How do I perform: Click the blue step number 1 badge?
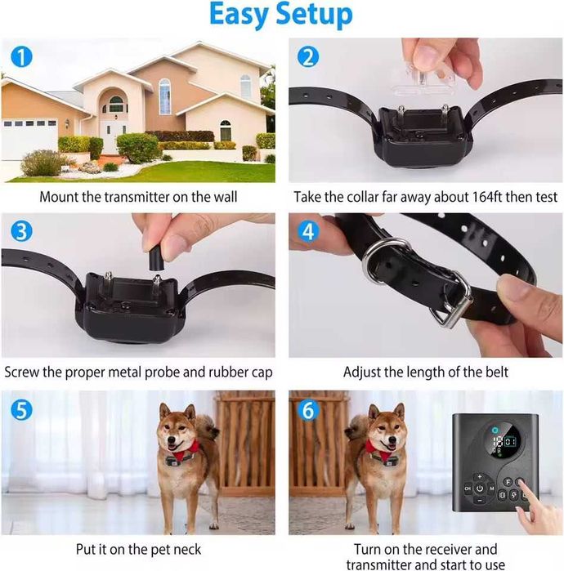pos(21,57)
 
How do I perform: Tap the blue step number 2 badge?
pos(308,57)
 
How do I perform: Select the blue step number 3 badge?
pos(21,232)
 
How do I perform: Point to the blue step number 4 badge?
pos(308,232)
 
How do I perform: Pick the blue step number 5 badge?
pos(21,410)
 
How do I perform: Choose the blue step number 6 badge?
pos(308,410)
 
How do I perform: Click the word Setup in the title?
pos(314,16)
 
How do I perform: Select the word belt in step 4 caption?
pos(497,372)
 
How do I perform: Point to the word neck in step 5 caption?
pos(187,550)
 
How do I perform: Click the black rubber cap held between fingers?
pos(155,258)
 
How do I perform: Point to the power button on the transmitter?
pos(480,488)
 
